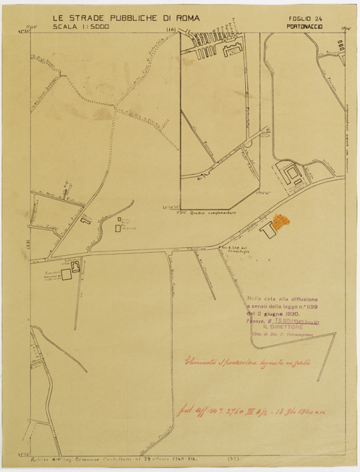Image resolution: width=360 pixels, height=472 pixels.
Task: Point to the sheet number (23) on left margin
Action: pyautogui.click(x=29, y=243)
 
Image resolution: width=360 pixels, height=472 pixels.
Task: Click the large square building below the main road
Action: pyautogui.click(x=66, y=274)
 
